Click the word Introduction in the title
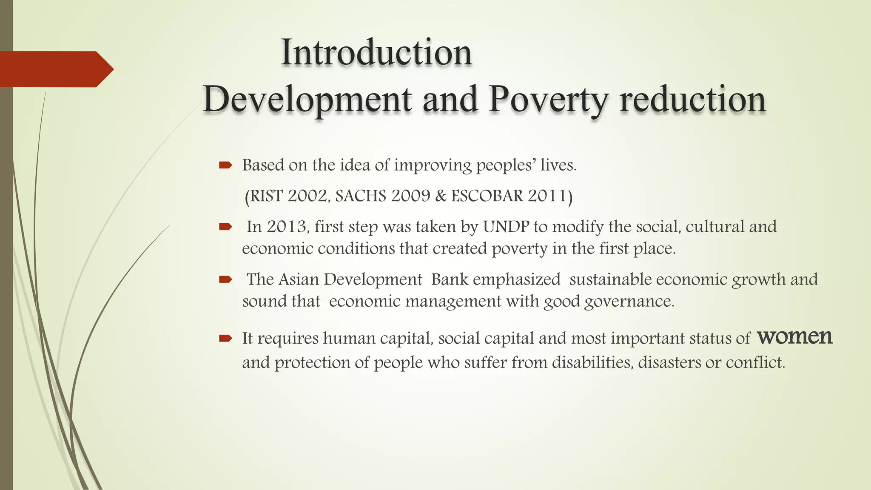tap(376, 53)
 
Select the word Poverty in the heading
tap(548, 100)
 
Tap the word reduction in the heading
tap(692, 100)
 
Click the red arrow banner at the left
tap(55, 69)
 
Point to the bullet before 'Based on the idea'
tap(225, 165)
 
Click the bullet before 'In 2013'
tap(225, 227)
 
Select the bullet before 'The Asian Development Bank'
tap(225, 279)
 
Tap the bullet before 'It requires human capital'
tap(225, 339)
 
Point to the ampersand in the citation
tap(441, 196)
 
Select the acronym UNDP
tap(506, 227)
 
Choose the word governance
tap(629, 302)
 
